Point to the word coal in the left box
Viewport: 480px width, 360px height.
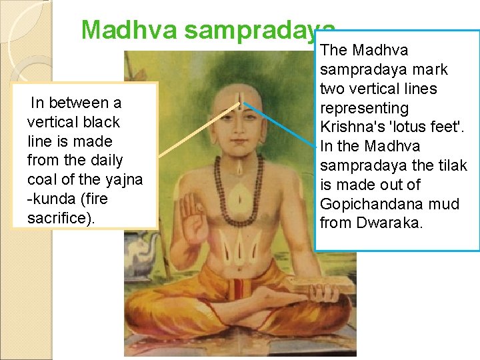(x=40, y=180)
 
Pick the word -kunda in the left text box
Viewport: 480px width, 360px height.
(x=51, y=199)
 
